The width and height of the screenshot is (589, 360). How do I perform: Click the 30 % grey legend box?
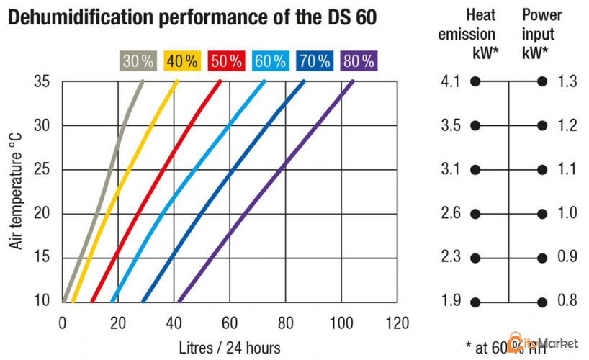(138, 61)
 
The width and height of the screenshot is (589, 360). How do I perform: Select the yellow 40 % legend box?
(181, 61)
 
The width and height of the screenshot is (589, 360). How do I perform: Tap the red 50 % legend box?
(225, 61)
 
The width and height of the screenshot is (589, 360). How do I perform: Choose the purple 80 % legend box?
(358, 61)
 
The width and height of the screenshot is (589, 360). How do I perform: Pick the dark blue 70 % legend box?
(314, 61)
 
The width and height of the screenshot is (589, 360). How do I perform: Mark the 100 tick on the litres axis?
(341, 322)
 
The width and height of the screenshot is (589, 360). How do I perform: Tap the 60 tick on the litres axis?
(230, 322)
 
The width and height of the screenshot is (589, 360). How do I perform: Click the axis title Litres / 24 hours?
(230, 346)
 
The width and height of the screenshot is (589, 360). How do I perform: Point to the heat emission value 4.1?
(450, 82)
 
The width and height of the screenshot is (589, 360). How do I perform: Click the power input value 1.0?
(567, 214)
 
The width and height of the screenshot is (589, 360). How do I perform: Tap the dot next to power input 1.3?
(541, 82)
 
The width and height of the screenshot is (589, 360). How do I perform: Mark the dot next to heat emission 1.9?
(475, 302)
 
